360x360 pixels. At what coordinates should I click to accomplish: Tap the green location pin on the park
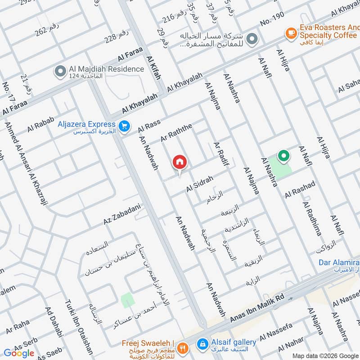click(283, 157)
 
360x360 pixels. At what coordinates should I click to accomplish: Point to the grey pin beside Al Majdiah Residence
click(59, 71)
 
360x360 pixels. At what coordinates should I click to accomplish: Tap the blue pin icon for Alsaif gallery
click(202, 343)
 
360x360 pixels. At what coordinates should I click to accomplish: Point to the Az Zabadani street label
click(122, 215)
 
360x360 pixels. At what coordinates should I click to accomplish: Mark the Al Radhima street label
click(312, 219)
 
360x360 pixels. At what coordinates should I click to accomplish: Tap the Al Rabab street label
click(40, 124)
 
